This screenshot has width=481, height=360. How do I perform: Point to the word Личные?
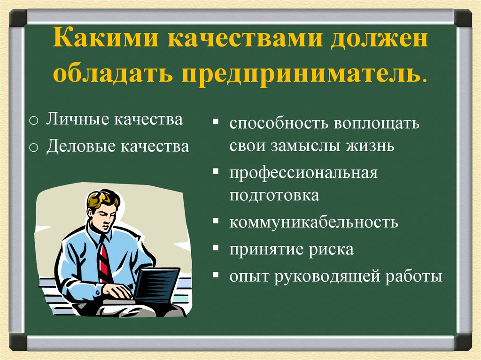(77, 120)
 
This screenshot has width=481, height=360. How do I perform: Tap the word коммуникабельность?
(313, 222)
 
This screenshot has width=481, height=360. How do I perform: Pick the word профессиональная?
(303, 173)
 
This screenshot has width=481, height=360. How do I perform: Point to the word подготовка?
(274, 195)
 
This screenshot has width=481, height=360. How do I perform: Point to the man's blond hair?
(101, 198)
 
